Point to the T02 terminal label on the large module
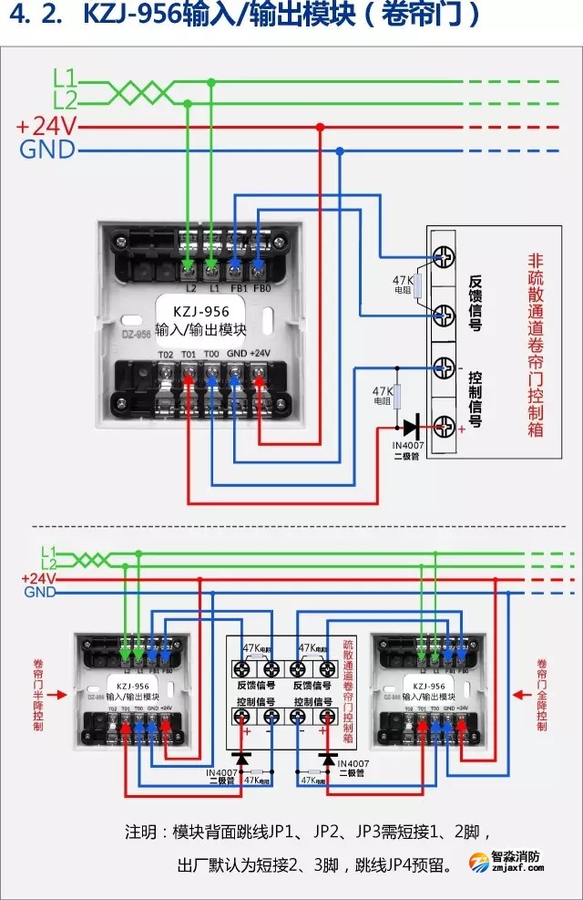click(x=165, y=354)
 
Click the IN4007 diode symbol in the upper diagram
click(x=411, y=425)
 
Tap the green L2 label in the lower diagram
click(x=48, y=565)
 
